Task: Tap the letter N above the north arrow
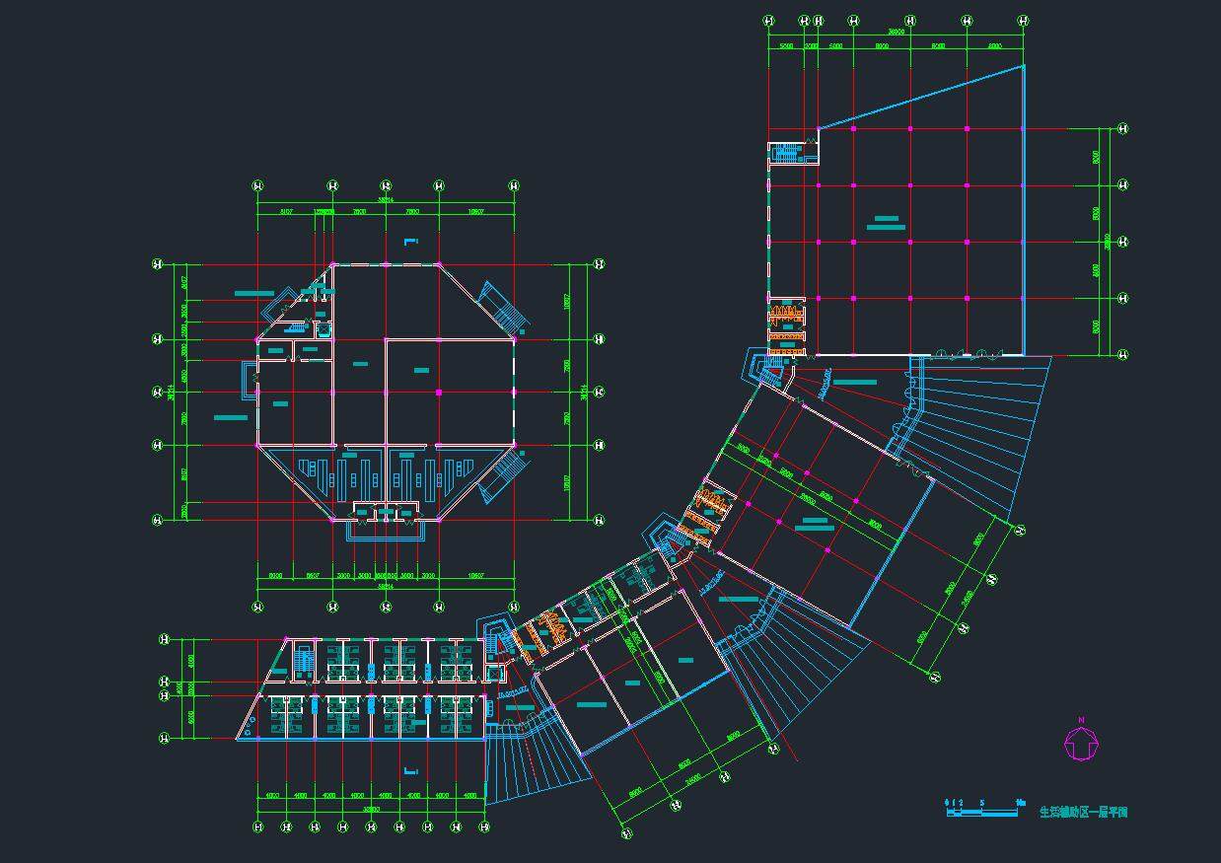click(1081, 720)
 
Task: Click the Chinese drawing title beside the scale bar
click(1083, 813)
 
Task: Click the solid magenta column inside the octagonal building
click(439, 393)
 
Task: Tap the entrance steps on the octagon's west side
click(250, 376)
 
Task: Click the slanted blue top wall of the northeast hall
click(920, 97)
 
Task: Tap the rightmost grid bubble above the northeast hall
click(1024, 20)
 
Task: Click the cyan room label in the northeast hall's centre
click(886, 223)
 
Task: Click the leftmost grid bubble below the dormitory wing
click(258, 826)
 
